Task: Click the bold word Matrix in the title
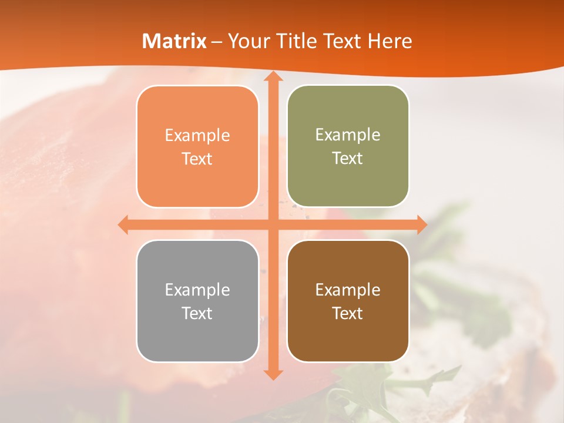click(174, 41)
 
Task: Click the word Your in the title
click(246, 41)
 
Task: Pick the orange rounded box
click(197, 146)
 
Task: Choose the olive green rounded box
click(348, 146)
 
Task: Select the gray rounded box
click(197, 301)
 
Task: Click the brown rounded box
click(348, 301)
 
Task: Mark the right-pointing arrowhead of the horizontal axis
click(421, 224)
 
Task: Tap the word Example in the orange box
click(197, 136)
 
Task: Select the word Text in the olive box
click(348, 159)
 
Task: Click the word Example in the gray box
click(197, 290)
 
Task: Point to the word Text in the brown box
click(348, 313)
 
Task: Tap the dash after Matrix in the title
click(217, 42)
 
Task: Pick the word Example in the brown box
click(348, 290)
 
